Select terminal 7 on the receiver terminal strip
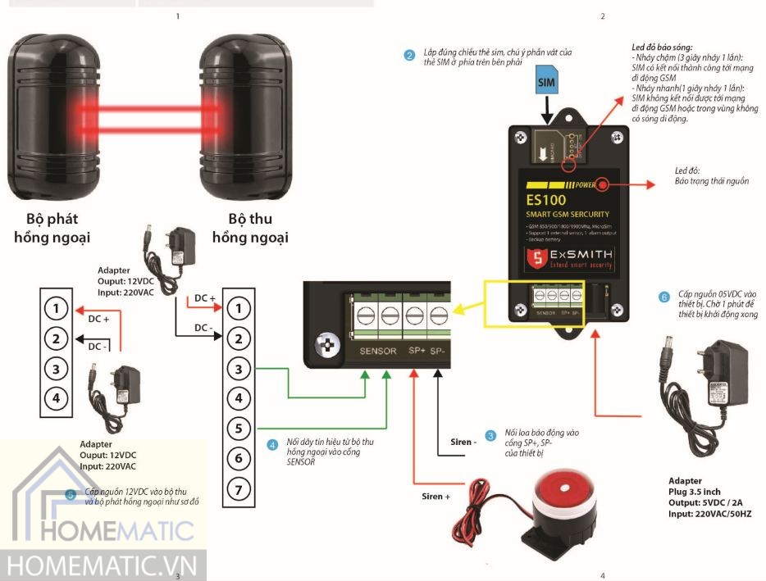pyautogui.click(x=237, y=490)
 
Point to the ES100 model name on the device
pyautogui.click(x=547, y=199)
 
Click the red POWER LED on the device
pyautogui.click(x=603, y=184)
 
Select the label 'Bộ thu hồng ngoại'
pyautogui.click(x=249, y=229)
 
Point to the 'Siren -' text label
pyautogui.click(x=463, y=443)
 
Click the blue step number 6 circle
pyautogui.click(x=664, y=297)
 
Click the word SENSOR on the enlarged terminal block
pyautogui.click(x=378, y=352)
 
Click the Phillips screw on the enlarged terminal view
pyautogui.click(x=326, y=347)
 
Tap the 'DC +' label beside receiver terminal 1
pyautogui.click(x=204, y=298)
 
